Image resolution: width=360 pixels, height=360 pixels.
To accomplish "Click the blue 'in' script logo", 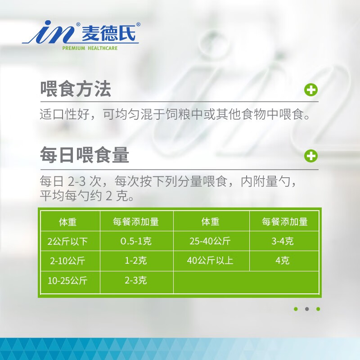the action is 50,32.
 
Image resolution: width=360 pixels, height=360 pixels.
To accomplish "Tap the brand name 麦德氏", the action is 108,33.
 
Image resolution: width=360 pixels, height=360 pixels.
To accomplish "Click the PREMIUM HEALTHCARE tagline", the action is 90,48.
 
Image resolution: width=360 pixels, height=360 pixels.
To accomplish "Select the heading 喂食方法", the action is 76,89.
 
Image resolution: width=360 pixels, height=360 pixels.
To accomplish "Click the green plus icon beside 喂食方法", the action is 311,90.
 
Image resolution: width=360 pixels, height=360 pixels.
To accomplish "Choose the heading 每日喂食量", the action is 85,155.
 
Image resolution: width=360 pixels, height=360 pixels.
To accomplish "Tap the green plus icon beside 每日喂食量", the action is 311,156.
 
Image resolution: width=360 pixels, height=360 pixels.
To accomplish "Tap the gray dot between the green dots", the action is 307,309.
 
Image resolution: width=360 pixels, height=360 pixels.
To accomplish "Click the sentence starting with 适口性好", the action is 175,114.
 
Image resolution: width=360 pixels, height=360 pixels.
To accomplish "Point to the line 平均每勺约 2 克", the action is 87,196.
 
